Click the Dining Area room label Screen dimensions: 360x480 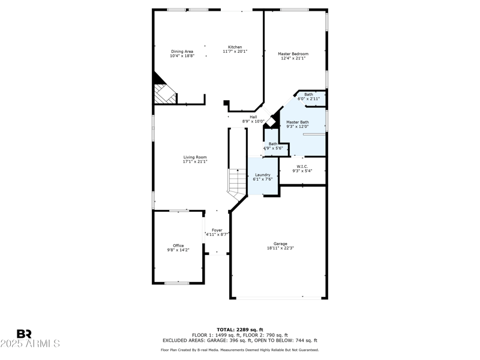click(182, 52)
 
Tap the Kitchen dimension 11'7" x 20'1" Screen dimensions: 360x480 click(235, 52)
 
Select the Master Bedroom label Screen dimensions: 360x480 click(293, 54)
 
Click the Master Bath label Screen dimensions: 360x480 click(297, 122)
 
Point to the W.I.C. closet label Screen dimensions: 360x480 click(302, 166)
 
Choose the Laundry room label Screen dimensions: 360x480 click(262, 175)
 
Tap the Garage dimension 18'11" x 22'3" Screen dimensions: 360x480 click(280, 248)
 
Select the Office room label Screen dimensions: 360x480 click(178, 245)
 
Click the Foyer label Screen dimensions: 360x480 click(217, 230)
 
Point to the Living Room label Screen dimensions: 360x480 click(195, 157)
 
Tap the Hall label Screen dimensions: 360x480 click(253, 117)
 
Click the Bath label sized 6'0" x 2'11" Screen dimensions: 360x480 click(308, 94)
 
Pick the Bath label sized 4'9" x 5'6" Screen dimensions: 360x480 click(273, 143)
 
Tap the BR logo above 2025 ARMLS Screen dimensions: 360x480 click(24, 334)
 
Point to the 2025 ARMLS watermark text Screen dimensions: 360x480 click(30, 344)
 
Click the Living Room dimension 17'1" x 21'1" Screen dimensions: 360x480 click(195, 162)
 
